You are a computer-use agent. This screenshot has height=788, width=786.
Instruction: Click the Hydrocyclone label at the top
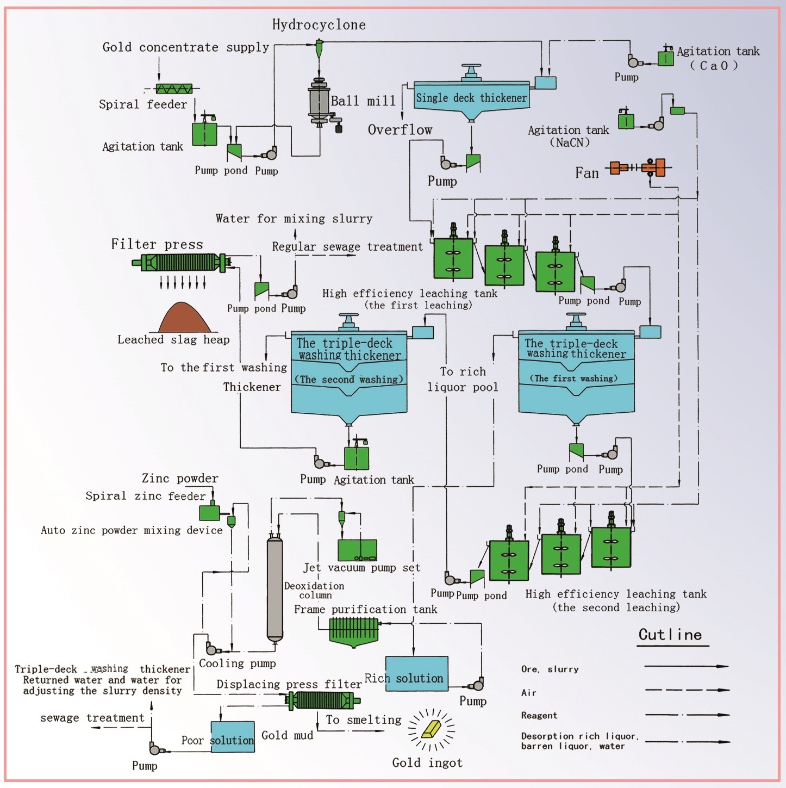pos(319,24)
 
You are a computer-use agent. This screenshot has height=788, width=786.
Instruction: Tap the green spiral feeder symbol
pos(174,88)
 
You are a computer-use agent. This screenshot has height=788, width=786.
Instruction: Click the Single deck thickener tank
pos(471,98)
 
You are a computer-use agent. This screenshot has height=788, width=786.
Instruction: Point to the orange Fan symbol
pos(638,167)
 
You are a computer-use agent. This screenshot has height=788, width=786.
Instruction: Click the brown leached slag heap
pos(185,318)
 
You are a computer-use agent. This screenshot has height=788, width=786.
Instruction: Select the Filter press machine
pos(182,263)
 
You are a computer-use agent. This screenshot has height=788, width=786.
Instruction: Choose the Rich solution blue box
pos(417,674)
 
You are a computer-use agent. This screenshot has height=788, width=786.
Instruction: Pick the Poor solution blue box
pos(233,737)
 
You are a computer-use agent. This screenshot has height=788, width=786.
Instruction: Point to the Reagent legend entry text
pos(539,716)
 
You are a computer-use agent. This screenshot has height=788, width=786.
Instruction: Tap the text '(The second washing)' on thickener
pos(349,380)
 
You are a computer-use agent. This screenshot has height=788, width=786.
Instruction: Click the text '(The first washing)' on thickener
pos(574,379)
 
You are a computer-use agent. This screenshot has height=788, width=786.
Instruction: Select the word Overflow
pos(400,130)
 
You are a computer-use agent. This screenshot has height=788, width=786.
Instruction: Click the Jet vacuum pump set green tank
pos(357,550)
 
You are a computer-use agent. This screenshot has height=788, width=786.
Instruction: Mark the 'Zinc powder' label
pos(180,479)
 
